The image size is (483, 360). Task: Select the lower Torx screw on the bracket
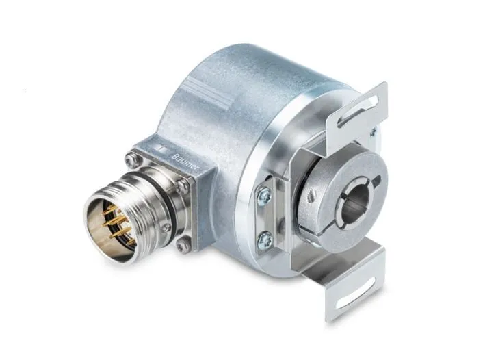(x=265, y=239)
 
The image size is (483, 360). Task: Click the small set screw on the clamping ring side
(x=313, y=199)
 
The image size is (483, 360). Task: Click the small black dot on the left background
(x=25, y=90)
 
